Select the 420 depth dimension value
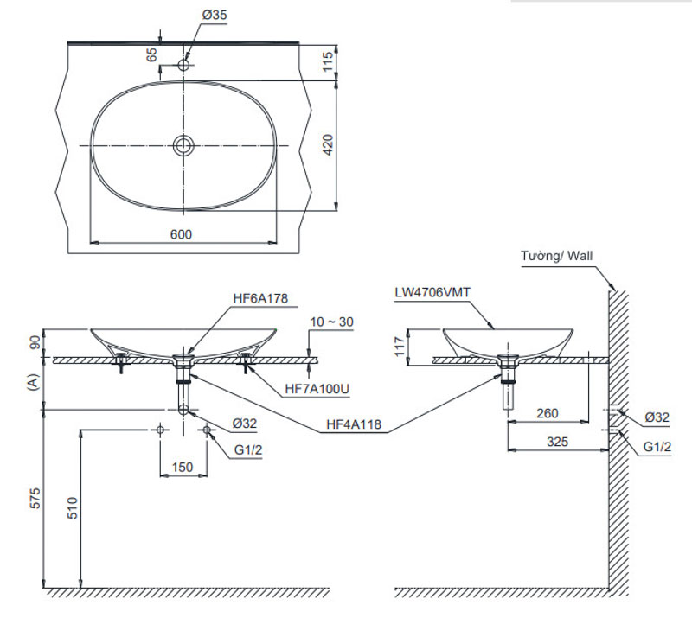coord(328,145)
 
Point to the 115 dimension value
coord(328,61)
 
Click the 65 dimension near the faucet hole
coord(152,54)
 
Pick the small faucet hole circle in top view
coord(183,64)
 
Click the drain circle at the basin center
coord(183,145)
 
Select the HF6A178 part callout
coord(259,298)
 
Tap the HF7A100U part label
coord(317,389)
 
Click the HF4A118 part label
coord(356,426)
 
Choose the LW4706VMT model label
coord(430,292)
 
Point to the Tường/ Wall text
coord(557,256)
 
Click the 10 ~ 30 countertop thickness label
coord(334,322)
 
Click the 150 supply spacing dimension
coord(183,467)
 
